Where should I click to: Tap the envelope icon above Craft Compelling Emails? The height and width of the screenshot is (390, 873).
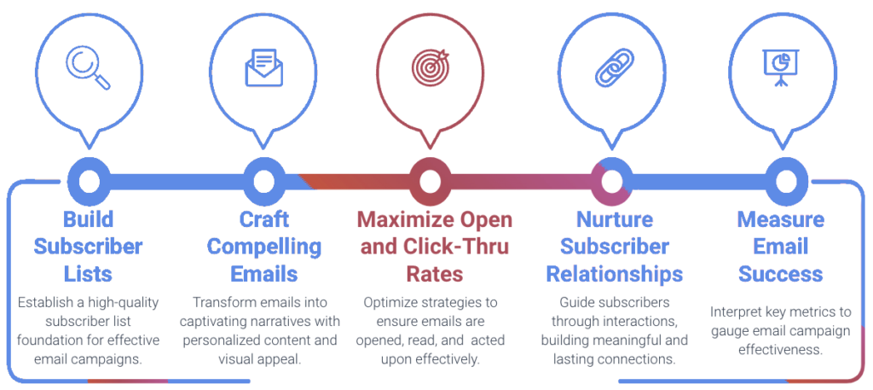pos(263,67)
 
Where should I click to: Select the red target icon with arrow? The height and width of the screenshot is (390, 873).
pos(430,66)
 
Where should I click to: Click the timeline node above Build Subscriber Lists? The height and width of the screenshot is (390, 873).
pos(89,181)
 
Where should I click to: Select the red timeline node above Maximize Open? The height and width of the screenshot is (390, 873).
pos(430,181)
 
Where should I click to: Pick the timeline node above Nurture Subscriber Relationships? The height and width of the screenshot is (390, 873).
pos(611,181)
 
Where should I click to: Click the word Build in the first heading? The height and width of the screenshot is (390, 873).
pos(89,219)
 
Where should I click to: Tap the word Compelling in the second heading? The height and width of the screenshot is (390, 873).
pos(264,247)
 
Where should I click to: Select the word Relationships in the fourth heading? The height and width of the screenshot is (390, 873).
pos(614,274)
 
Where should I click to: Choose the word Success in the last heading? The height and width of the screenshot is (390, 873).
pos(781,274)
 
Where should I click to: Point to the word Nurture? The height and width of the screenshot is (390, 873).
pos(614,219)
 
